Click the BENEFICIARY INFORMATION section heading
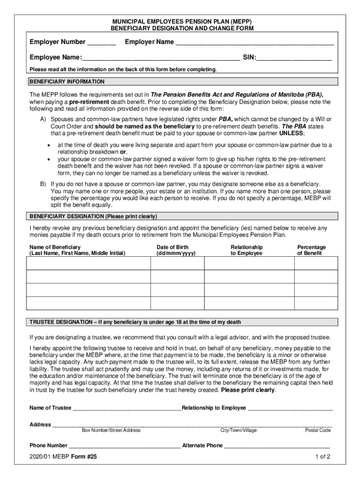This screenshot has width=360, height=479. coord(67,81)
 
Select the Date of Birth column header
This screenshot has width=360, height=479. coord(176,250)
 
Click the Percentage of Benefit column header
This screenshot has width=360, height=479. coord(311,250)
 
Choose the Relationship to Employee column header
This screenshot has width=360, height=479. coord(246,250)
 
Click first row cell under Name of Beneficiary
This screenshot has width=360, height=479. coord(88,263)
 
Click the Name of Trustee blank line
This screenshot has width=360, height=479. coord(127,408)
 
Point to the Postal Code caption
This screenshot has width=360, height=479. coord(318,430)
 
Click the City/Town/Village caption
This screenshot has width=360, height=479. coord(238,430)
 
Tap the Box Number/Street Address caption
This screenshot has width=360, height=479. coord(111,430)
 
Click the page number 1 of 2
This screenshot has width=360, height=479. coord(323,457)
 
